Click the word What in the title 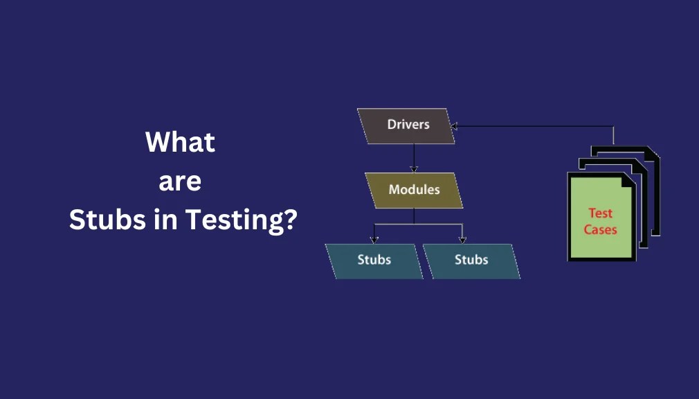180,143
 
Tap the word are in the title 180,181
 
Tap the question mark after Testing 291,220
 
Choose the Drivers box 407,125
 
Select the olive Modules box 414,190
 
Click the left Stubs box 374,260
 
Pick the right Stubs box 471,260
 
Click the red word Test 600,213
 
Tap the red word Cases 600,229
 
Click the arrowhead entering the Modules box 414,169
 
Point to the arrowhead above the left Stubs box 374,240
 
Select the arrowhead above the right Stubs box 462,240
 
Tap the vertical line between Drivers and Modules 414,156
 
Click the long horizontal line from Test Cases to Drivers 533,126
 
